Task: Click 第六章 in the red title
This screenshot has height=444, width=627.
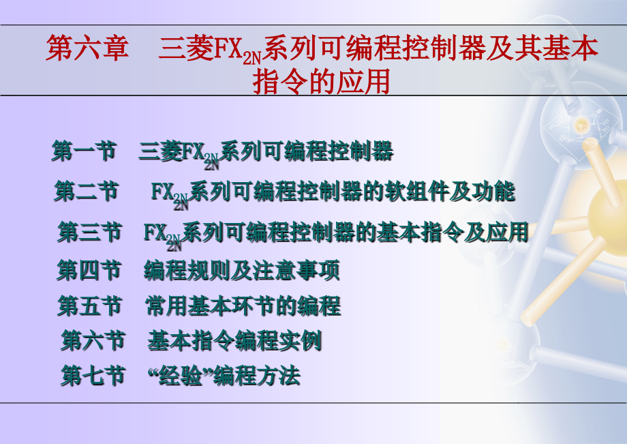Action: point(87,50)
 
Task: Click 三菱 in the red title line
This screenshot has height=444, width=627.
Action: point(179,50)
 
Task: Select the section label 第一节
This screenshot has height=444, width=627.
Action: point(84,151)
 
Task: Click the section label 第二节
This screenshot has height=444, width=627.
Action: point(86,192)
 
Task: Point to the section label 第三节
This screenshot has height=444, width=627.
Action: point(89,232)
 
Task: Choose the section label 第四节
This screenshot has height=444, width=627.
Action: point(89,271)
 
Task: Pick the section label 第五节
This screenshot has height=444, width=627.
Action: point(89,306)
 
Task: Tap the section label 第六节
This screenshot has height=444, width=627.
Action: point(93,340)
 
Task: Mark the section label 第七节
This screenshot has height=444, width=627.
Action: point(93,376)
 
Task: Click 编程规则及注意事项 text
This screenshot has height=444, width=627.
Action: point(242,271)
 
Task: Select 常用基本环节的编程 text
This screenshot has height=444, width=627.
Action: point(243,306)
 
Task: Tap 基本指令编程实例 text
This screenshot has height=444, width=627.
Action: point(234,340)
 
